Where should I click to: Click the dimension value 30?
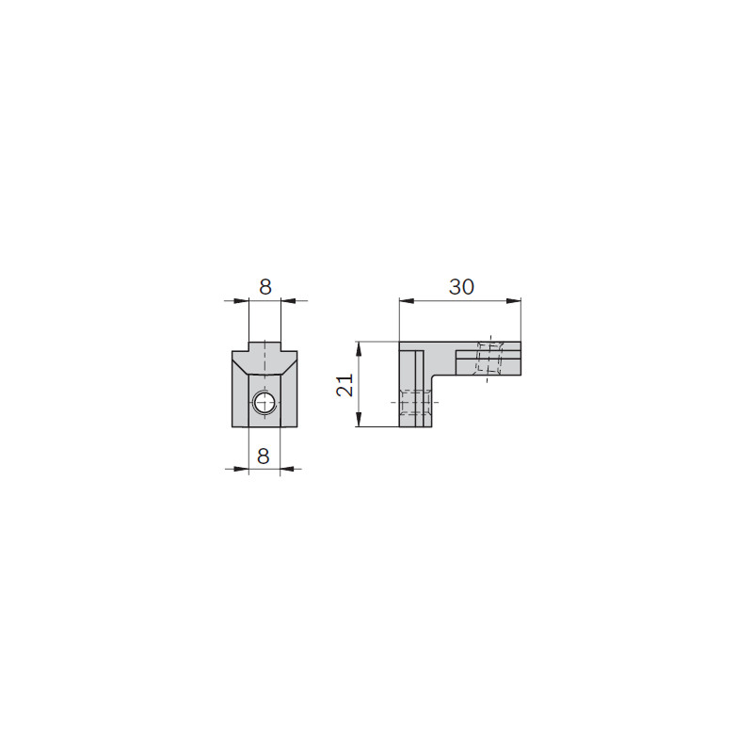point(461,287)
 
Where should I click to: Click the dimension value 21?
point(344,385)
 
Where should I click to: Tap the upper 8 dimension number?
point(265,287)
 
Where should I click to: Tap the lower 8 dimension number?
point(264,456)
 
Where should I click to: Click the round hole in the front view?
point(264,403)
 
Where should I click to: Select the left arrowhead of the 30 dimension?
point(407,301)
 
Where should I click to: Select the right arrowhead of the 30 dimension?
point(513,301)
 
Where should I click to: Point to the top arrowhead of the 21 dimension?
point(359,349)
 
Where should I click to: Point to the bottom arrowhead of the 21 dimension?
point(359,419)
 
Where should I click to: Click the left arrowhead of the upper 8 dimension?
point(242,301)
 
